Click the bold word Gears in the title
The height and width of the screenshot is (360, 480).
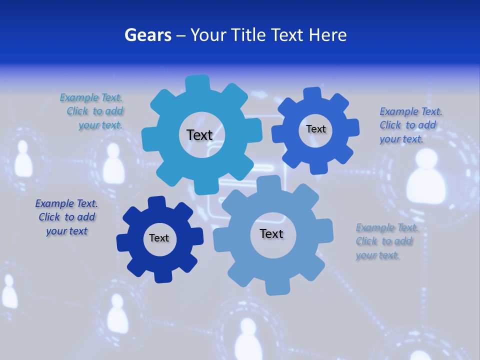coord(147,35)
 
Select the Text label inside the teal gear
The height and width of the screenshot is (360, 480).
coord(199,135)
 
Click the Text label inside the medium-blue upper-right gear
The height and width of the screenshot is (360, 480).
coord(315,129)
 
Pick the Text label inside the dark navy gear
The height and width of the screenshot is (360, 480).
coord(159,238)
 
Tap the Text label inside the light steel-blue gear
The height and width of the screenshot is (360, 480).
coord(271,233)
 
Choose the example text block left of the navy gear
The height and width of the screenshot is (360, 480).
coord(66,217)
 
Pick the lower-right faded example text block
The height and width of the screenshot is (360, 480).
coord(385,241)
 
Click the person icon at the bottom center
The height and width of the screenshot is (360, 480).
coord(248,338)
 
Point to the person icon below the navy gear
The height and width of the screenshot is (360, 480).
coord(118,312)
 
